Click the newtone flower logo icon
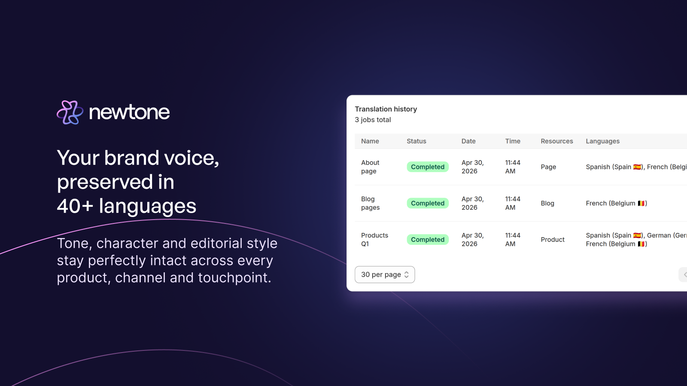pyautogui.click(x=70, y=112)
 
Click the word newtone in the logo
pyautogui.click(x=129, y=112)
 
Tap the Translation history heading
pyautogui.click(x=386, y=109)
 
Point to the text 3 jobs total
pyautogui.click(x=373, y=120)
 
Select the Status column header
pyautogui.click(x=416, y=141)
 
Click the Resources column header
pyautogui.click(x=556, y=141)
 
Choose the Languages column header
pyautogui.click(x=602, y=141)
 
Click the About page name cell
pyautogui.click(x=370, y=167)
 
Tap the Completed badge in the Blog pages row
pyautogui.click(x=428, y=203)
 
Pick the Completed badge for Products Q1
pyautogui.click(x=428, y=240)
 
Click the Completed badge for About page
pyautogui.click(x=428, y=167)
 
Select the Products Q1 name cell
pyautogui.click(x=374, y=240)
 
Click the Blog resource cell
pyautogui.click(x=547, y=203)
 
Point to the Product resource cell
pyautogui.click(x=552, y=240)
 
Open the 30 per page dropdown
pyautogui.click(x=385, y=274)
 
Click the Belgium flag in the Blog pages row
pyautogui.click(x=641, y=203)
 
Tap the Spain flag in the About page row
pyautogui.click(x=637, y=167)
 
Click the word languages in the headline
pyautogui.click(x=147, y=206)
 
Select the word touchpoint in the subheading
pyautogui.click(x=234, y=278)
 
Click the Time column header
pyautogui.click(x=513, y=141)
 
